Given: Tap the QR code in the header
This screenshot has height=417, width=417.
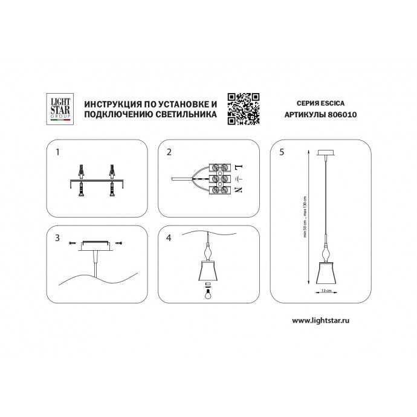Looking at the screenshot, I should tap(243, 108).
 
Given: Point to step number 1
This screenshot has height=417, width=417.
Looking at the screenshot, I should tap(57, 152).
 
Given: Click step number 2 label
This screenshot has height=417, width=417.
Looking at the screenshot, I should tap(170, 152).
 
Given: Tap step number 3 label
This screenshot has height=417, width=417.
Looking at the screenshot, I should tap(57, 238).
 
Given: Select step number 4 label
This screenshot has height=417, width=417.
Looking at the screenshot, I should tap(170, 238).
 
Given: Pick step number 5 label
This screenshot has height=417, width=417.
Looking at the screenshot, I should tap(282, 152).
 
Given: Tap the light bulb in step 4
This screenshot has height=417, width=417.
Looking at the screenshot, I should tap(208, 295).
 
